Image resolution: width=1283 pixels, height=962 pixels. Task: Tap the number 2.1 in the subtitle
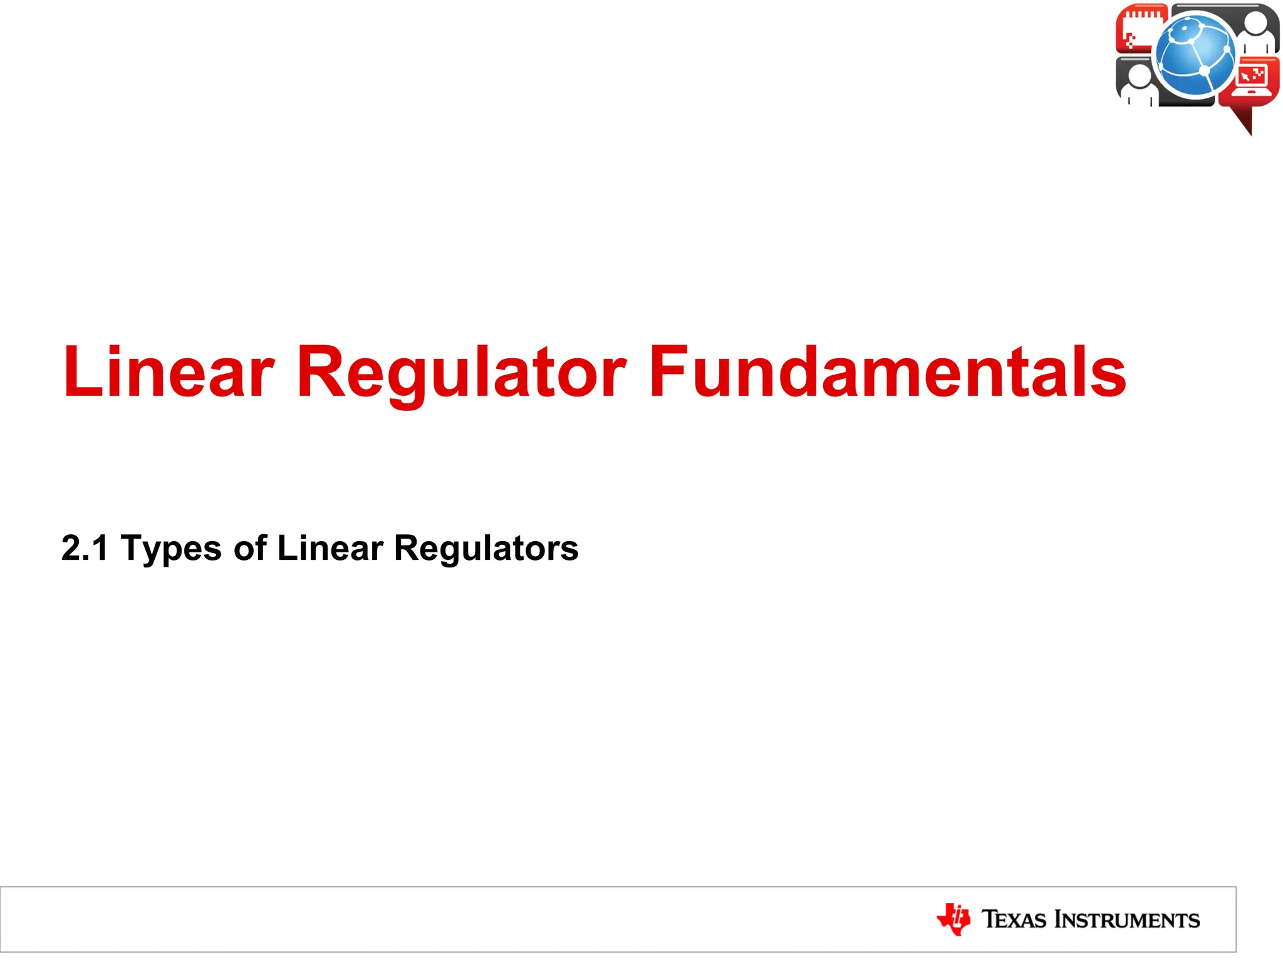[85, 548]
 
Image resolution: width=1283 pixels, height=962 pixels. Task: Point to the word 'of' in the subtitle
[250, 548]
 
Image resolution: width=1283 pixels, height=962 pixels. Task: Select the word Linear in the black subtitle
[330, 548]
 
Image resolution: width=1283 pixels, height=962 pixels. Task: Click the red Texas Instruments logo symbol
[953, 919]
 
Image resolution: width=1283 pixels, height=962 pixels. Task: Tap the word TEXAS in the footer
[1014, 919]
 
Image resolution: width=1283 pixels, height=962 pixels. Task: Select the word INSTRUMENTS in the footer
[1127, 919]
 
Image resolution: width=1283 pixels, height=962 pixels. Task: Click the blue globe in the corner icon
[1195, 55]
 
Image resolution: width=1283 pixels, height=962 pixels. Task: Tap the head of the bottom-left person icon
[1139, 75]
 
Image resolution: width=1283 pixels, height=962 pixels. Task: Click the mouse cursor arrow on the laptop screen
[1246, 77]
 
